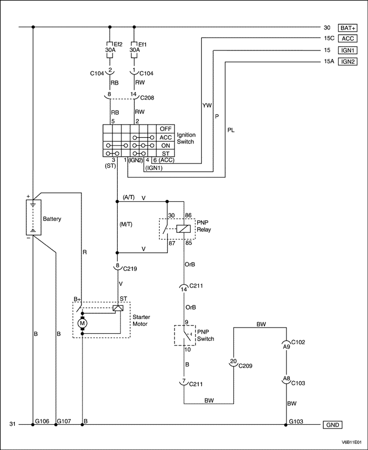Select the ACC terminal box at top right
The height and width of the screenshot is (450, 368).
pyautogui.click(x=348, y=38)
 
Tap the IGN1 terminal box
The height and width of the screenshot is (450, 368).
pyautogui.click(x=348, y=50)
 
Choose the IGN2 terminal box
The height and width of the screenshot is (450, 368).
pyautogui.click(x=348, y=62)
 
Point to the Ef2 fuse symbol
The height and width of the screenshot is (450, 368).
pyautogui.click(x=109, y=44)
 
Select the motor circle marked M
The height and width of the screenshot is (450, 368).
pyautogui.click(x=82, y=323)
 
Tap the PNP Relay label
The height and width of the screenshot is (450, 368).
pyautogui.click(x=203, y=226)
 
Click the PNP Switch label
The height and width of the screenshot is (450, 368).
pyautogui.click(x=205, y=335)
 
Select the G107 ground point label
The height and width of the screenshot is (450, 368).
pyautogui.click(x=64, y=421)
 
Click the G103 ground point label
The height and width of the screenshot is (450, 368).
pyautogui.click(x=297, y=421)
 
